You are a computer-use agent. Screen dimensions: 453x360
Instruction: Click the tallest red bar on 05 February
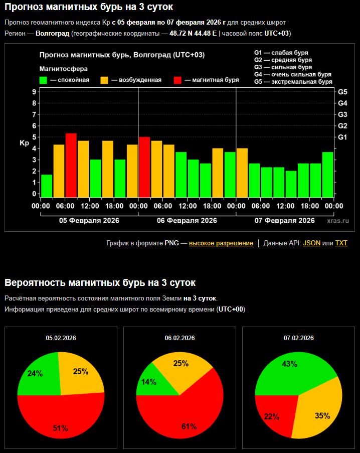pyautogui.click(x=71, y=165)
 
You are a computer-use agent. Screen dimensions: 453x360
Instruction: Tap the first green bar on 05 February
pyautogui.click(x=47, y=186)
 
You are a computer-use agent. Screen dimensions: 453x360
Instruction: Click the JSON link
pyautogui.click(x=311, y=243)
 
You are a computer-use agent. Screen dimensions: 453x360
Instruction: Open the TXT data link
pyautogui.click(x=341, y=243)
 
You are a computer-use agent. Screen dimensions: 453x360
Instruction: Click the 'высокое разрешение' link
pyautogui.click(x=221, y=243)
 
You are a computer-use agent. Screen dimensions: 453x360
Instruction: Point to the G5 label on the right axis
pyautogui.click(x=343, y=92)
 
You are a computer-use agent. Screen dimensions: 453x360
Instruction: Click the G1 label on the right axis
pyautogui.click(x=343, y=137)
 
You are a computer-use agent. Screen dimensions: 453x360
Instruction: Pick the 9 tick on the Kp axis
pyautogui.click(x=34, y=92)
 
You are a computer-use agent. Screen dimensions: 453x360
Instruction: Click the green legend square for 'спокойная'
pyautogui.click(x=44, y=80)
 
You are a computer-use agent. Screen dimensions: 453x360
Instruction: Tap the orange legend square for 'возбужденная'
pyautogui.click(x=104, y=80)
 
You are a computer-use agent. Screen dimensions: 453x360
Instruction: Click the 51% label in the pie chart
pyautogui.click(x=60, y=428)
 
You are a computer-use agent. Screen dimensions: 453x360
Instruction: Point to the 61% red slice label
pyautogui.click(x=189, y=426)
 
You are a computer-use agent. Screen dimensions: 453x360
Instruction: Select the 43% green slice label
pyautogui.click(x=290, y=364)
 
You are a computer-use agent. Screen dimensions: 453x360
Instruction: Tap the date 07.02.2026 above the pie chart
pyautogui.click(x=298, y=338)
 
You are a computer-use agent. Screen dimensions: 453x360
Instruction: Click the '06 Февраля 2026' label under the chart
pyautogui.click(x=187, y=220)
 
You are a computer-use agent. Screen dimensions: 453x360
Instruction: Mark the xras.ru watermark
pyautogui.click(x=337, y=220)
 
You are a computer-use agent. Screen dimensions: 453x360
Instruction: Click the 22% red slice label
pyautogui.click(x=271, y=416)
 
